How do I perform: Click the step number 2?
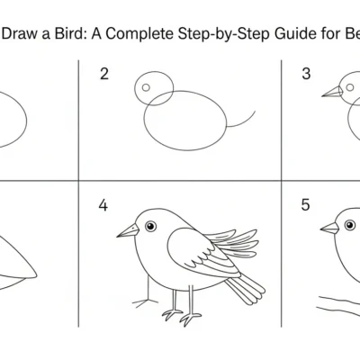[x=104, y=74]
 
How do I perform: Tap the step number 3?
[x=306, y=74]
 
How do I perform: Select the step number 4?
[x=103, y=206]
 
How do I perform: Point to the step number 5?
[x=306, y=206]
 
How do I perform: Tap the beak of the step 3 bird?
[x=332, y=91]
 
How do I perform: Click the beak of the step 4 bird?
[x=128, y=230]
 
